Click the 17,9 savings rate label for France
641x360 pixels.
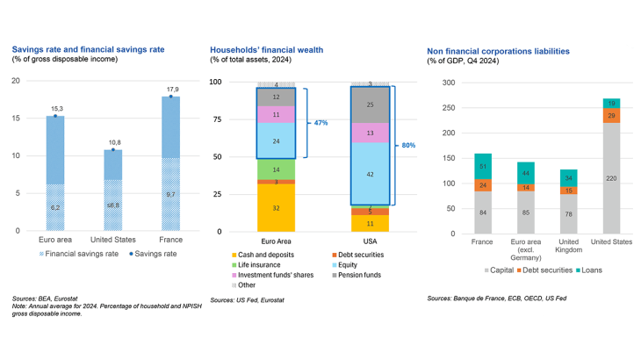[x=173, y=89]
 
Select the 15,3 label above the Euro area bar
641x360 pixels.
[x=54, y=108]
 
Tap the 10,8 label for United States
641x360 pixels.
[x=113, y=141]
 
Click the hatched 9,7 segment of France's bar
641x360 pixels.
[x=173, y=193]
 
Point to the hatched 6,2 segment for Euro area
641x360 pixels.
[x=54, y=207]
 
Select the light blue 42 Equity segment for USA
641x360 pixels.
[x=371, y=174]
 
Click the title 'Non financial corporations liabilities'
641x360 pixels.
[x=498, y=51]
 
